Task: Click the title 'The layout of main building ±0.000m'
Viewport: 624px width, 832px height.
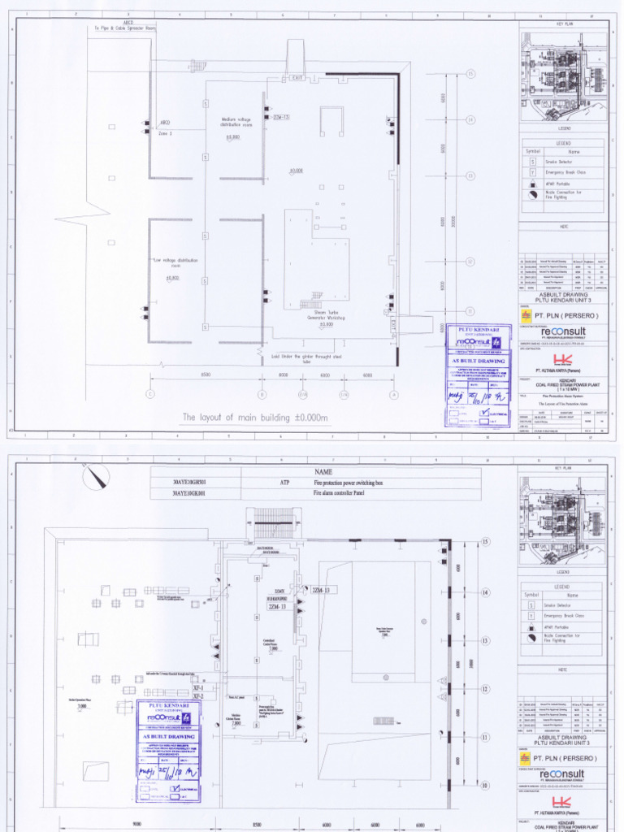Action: tap(255, 418)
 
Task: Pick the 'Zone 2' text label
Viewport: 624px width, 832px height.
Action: tap(165, 132)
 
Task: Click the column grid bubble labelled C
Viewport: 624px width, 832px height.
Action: tap(149, 395)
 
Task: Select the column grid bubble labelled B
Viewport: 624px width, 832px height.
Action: tap(262, 395)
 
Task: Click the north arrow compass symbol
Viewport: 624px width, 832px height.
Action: tap(97, 474)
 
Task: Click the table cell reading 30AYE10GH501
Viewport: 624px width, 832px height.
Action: tap(195, 482)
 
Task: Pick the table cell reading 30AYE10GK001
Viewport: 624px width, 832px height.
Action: tap(195, 492)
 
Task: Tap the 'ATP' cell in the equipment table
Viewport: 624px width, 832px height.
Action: tap(285, 482)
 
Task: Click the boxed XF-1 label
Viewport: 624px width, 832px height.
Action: tap(197, 687)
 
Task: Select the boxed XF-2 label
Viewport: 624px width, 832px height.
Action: tap(197, 696)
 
